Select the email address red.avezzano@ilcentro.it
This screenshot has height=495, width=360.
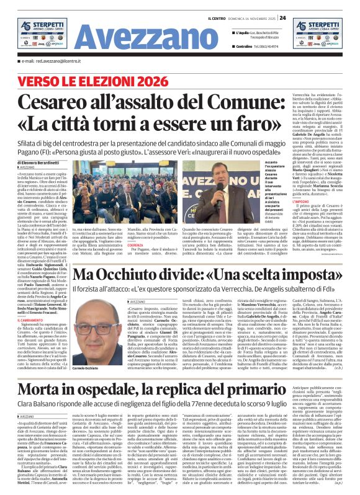click(x=55, y=61)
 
